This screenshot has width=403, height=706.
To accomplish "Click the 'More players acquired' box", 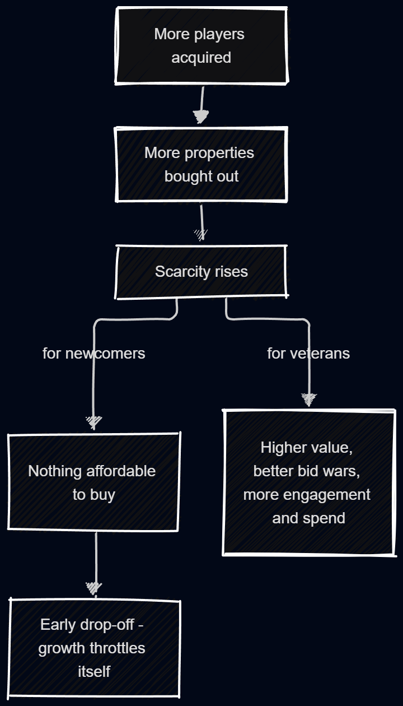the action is click(201, 46).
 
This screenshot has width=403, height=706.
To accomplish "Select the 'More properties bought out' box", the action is click(201, 164).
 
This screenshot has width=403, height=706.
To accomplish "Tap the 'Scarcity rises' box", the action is click(201, 272).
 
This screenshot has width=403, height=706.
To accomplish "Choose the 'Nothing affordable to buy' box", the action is click(93, 482).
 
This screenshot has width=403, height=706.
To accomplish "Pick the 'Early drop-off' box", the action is click(94, 648).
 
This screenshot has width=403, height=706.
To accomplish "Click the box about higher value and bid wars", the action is click(309, 483).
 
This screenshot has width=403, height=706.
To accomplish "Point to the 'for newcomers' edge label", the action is click(94, 354).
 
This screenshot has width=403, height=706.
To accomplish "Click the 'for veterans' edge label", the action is click(308, 354).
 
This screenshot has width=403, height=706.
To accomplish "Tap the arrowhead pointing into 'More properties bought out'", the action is click(200, 117).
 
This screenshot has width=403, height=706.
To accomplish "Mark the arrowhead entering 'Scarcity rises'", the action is click(201, 235).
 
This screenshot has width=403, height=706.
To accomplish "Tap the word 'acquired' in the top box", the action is click(201, 58).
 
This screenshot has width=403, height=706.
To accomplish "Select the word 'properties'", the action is click(219, 154).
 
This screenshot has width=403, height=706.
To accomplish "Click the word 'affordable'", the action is click(121, 471).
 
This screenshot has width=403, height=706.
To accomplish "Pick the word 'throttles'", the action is click(118, 648).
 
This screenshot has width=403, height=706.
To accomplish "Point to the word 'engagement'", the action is click(326, 495).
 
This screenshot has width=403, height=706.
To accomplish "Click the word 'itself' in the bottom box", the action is click(94, 672).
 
